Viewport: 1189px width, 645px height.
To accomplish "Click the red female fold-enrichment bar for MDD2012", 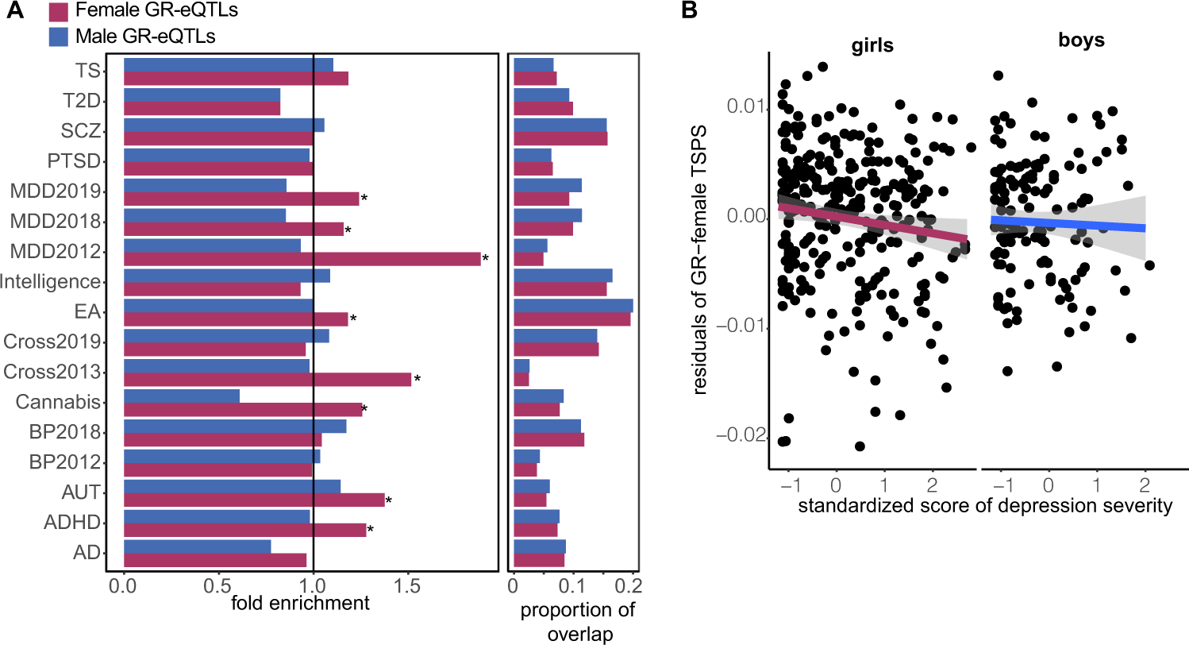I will (302, 259).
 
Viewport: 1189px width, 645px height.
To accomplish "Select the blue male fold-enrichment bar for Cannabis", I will (182, 395).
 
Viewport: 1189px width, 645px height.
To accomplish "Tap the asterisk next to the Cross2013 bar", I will (417, 379).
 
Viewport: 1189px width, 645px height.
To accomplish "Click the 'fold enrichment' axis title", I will (301, 603).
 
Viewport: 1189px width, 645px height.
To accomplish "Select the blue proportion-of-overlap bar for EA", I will (573, 306).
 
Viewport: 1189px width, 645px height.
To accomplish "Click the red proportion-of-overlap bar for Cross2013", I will (521, 380).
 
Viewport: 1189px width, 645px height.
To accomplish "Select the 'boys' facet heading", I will (1082, 40).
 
